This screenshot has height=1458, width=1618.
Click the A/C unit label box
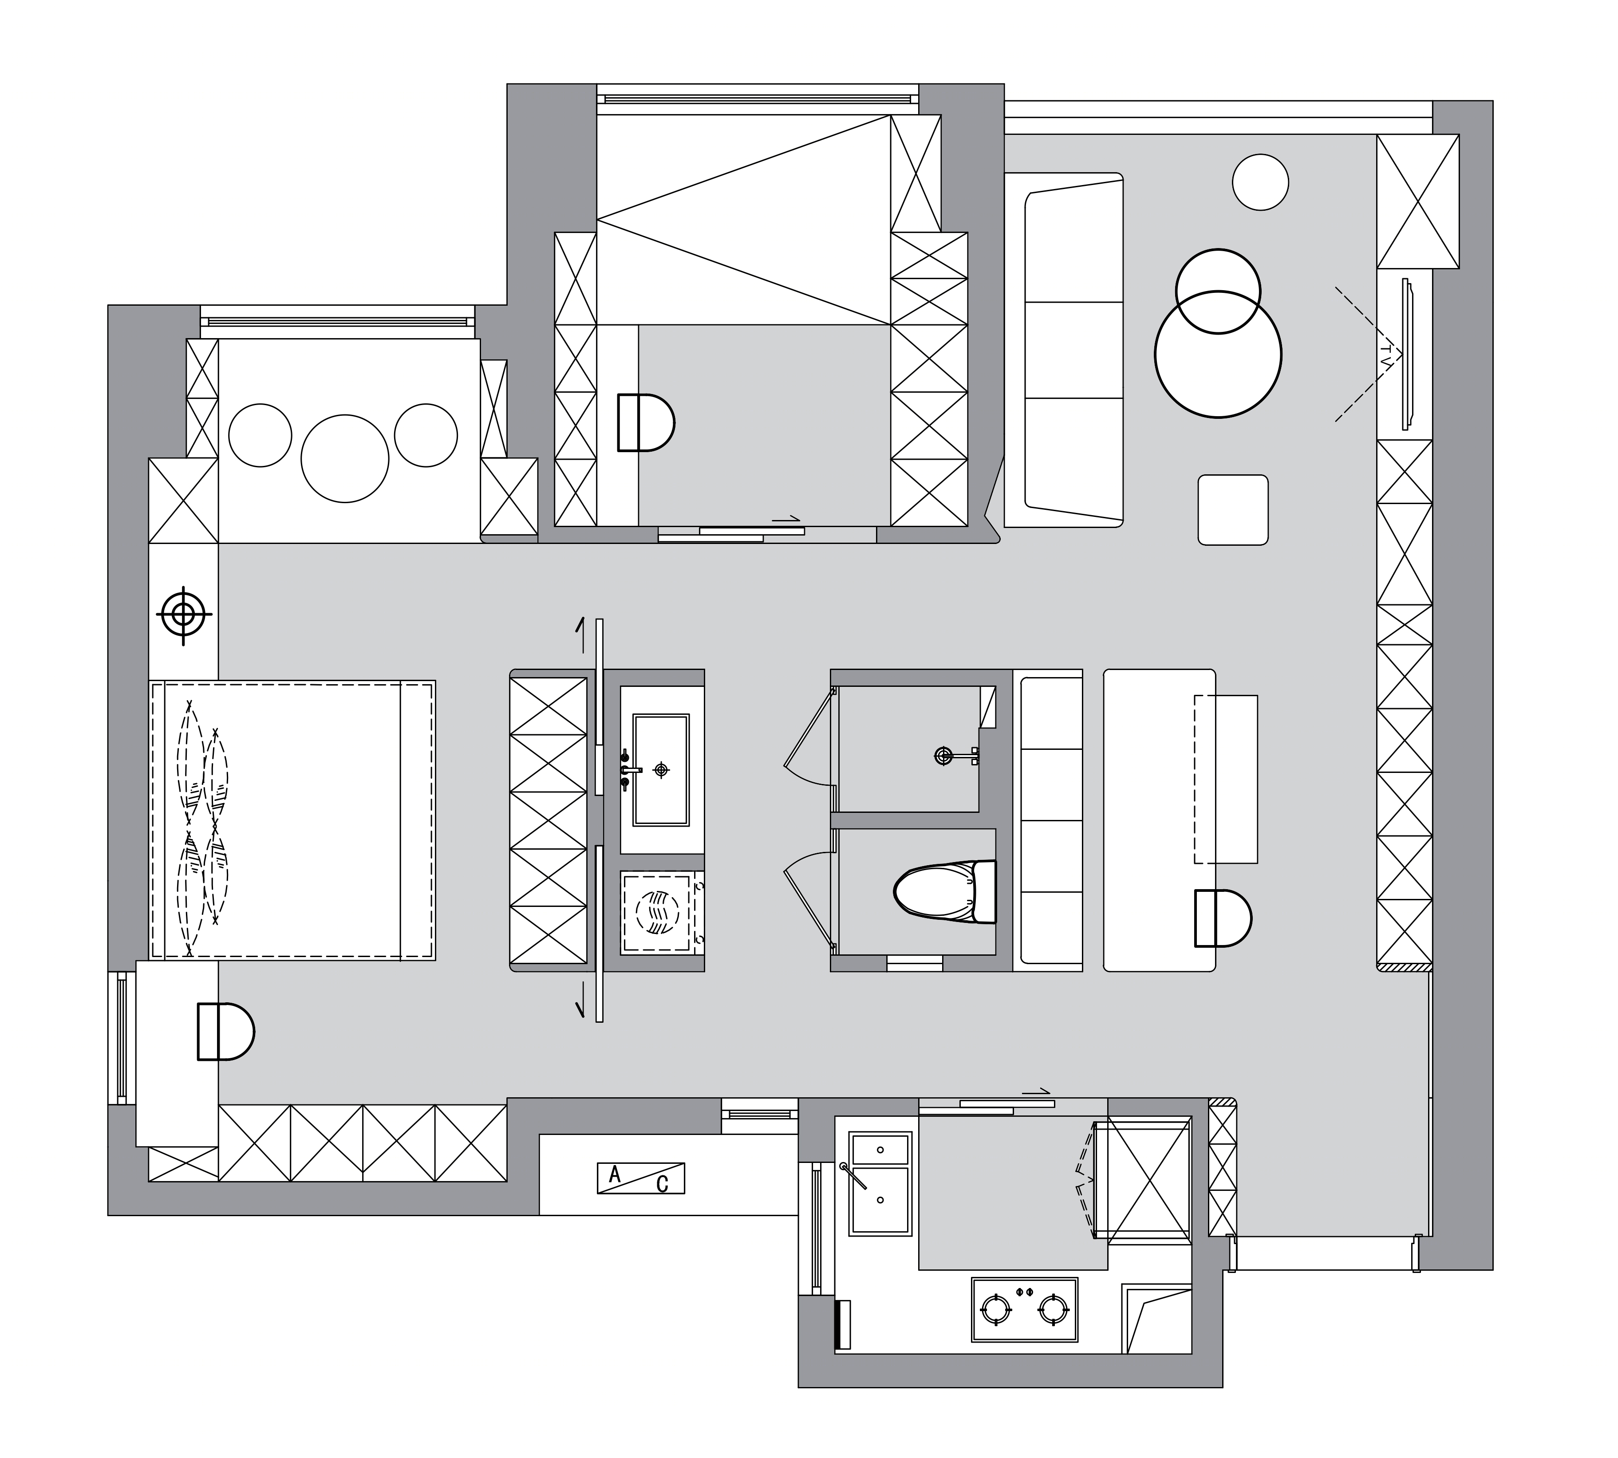click(x=640, y=1178)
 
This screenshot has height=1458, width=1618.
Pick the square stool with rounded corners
click(x=1232, y=509)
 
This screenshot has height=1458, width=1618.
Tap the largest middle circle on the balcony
click(x=345, y=458)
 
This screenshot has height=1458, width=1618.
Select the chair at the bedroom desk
click(x=225, y=1031)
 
